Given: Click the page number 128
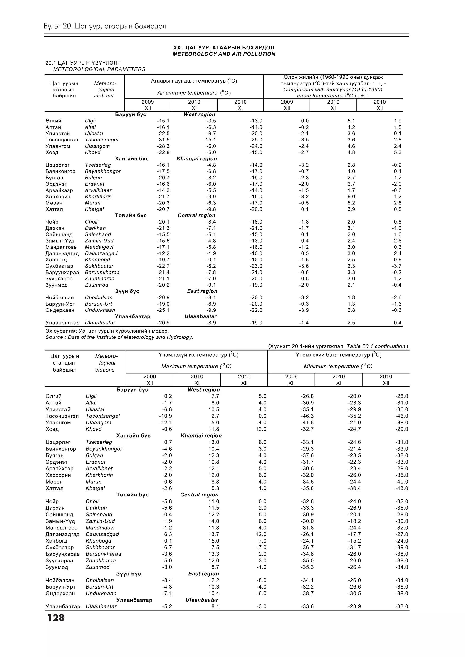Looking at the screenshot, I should [56, 617].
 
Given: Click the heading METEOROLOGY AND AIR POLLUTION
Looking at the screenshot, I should [224, 54].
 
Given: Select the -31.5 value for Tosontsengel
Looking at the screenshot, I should [163, 140].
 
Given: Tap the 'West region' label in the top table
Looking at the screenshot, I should [199, 114].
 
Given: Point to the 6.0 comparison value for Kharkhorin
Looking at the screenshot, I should [351, 197].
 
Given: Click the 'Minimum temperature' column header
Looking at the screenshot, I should [338, 366].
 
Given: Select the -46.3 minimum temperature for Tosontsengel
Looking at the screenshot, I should [307, 416].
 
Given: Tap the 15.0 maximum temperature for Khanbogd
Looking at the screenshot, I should [214, 541].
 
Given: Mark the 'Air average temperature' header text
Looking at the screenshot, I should [194, 93].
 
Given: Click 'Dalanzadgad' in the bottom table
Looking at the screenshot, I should [102, 534].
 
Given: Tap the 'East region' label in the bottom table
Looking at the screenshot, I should [203, 574].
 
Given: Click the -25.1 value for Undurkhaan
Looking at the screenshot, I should [163, 310].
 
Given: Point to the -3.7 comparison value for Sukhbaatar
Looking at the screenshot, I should [397, 266].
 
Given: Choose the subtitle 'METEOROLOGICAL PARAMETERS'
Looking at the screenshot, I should [99, 69].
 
